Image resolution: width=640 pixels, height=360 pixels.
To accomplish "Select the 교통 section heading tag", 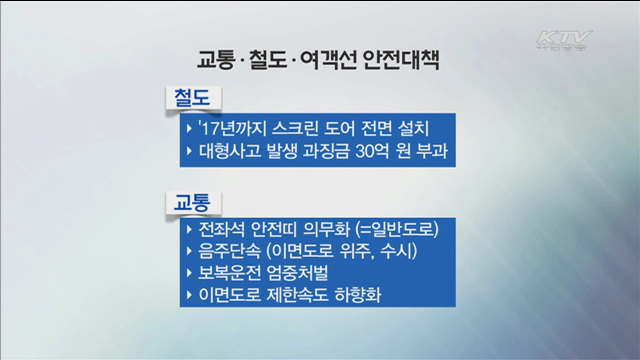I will (x=192, y=200).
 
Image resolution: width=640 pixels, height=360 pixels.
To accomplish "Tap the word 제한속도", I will (x=311, y=297).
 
